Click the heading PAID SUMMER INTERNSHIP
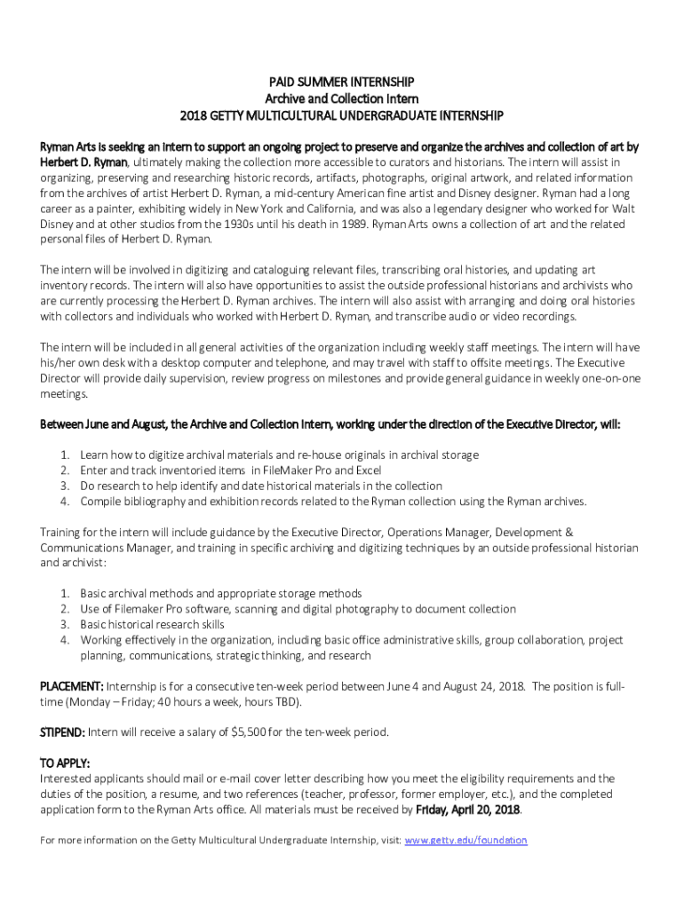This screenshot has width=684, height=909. click(342, 82)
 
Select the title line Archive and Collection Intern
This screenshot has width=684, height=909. click(342, 99)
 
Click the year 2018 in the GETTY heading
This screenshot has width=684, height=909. click(194, 115)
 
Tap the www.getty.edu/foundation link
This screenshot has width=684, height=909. click(465, 840)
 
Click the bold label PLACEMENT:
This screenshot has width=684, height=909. click(72, 686)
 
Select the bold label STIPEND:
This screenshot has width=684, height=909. click(63, 732)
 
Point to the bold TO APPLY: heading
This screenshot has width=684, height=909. click(65, 763)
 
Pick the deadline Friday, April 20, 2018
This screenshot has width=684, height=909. click(468, 810)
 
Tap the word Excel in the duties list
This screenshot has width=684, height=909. click(368, 470)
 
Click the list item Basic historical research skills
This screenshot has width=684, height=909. click(152, 624)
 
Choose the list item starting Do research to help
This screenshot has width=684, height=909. click(260, 486)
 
